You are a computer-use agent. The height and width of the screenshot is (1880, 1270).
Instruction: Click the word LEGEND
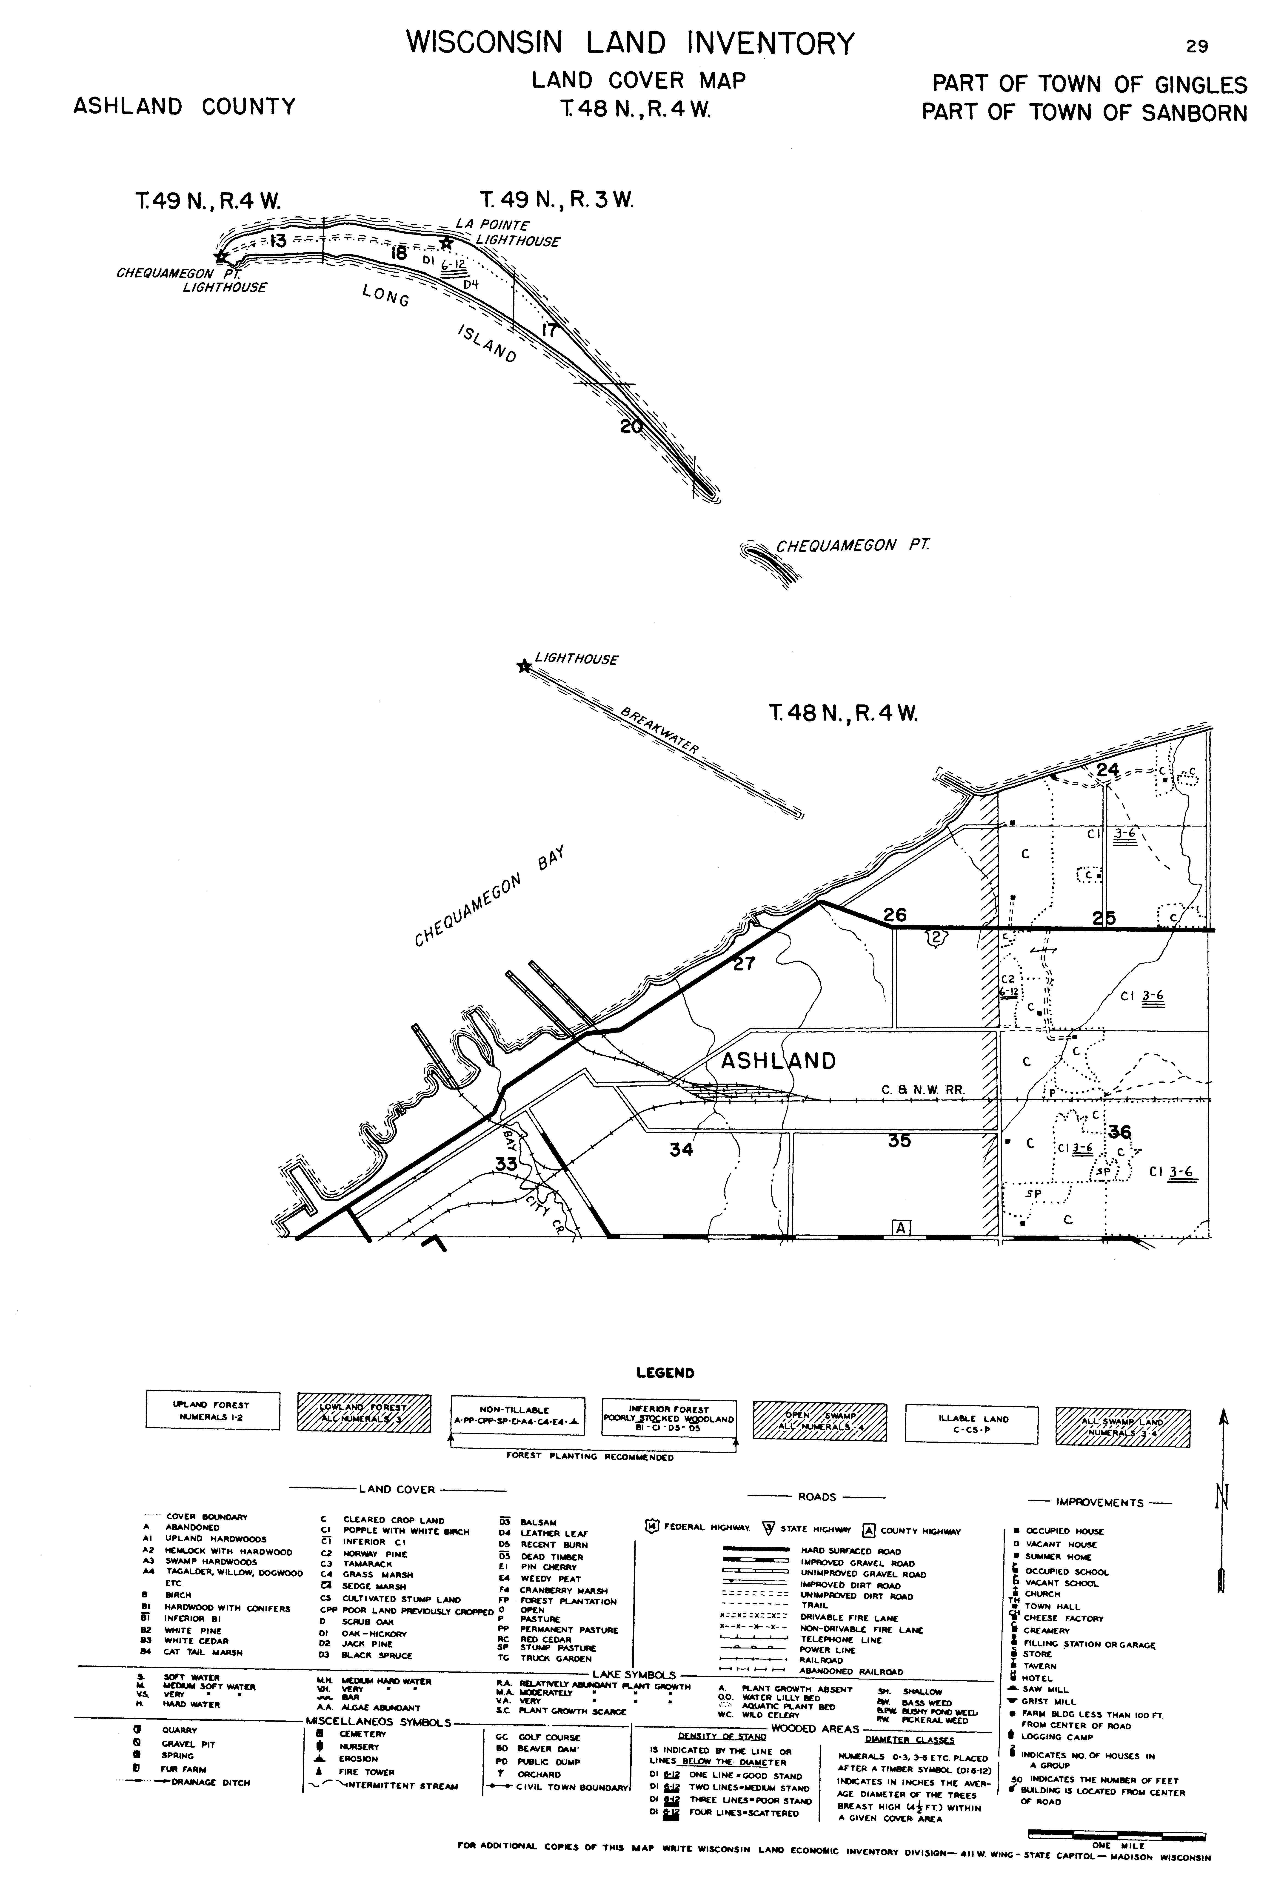(x=665, y=1372)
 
